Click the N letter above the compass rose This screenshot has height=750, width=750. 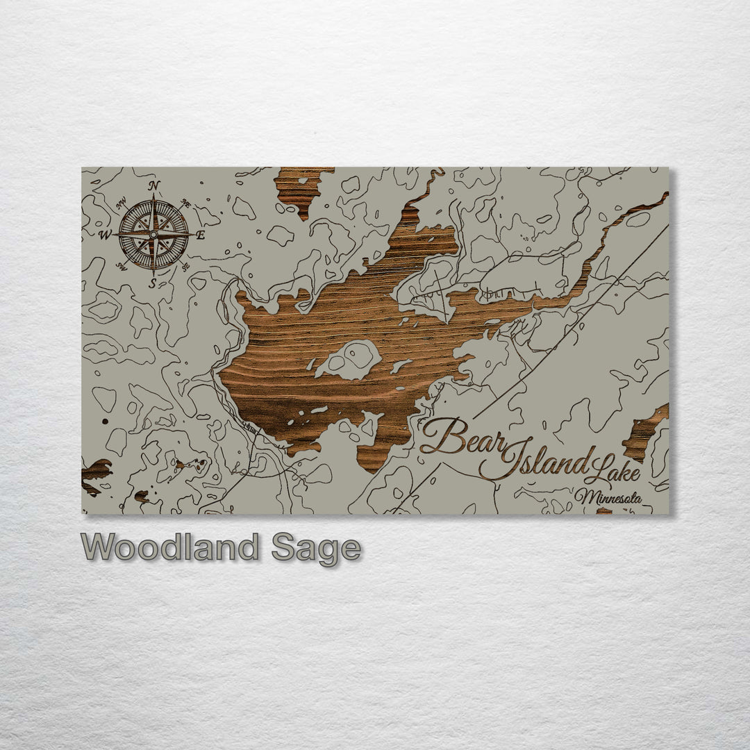coord(153,185)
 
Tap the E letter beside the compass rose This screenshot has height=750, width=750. coord(200,235)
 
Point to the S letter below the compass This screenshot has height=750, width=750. coord(153,283)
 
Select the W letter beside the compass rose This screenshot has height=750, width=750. coord(106,235)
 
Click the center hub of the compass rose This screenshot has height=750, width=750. coord(153,234)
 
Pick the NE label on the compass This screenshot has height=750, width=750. coord(185,203)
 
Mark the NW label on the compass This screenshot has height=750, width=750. coord(122,203)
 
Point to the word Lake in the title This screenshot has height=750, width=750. coord(611,472)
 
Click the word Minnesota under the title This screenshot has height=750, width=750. coord(608,497)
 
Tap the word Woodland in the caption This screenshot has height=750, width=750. coord(169,548)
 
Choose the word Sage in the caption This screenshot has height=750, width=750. coord(316,549)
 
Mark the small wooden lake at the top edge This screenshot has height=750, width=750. coord(300,187)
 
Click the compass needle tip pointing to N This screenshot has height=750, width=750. coord(153,198)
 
